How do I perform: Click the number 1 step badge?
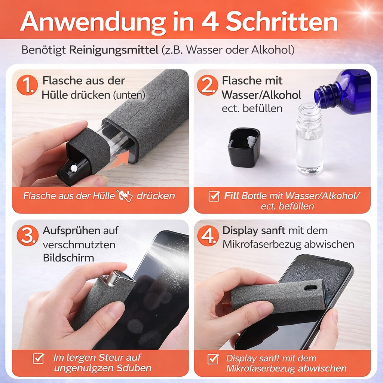click(x=27, y=86)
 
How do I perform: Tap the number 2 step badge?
click(x=207, y=86)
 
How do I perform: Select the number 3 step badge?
click(x=27, y=235)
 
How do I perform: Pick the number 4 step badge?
click(x=207, y=235)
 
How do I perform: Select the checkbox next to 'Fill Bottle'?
click(x=214, y=196)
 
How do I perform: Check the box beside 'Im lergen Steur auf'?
click(x=38, y=358)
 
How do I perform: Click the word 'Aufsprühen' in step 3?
click(x=71, y=231)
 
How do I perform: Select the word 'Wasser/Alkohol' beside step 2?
click(x=261, y=95)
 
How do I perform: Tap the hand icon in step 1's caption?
click(x=125, y=196)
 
